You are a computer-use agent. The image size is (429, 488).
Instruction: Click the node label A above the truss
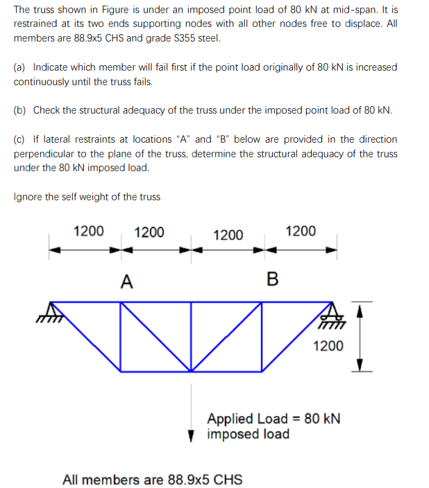[126, 281]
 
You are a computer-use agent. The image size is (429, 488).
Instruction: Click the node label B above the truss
[272, 280]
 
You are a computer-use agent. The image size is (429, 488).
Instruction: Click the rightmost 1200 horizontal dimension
[301, 231]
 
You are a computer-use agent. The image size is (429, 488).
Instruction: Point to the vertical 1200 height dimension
[327, 345]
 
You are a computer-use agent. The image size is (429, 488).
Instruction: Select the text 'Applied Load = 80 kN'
[274, 419]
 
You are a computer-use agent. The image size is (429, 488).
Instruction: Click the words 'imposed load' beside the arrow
[248, 435]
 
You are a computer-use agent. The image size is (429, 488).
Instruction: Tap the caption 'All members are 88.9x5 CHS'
[152, 480]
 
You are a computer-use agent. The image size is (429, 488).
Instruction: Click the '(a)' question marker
[19, 67]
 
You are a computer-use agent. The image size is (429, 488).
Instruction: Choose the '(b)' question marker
[19, 110]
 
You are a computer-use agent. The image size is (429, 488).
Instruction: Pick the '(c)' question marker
[19, 139]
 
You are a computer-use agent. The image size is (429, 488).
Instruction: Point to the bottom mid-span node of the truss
[192, 370]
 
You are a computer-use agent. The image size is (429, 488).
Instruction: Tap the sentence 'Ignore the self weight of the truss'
[87, 197]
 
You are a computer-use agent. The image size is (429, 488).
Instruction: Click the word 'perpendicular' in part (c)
[43, 153]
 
